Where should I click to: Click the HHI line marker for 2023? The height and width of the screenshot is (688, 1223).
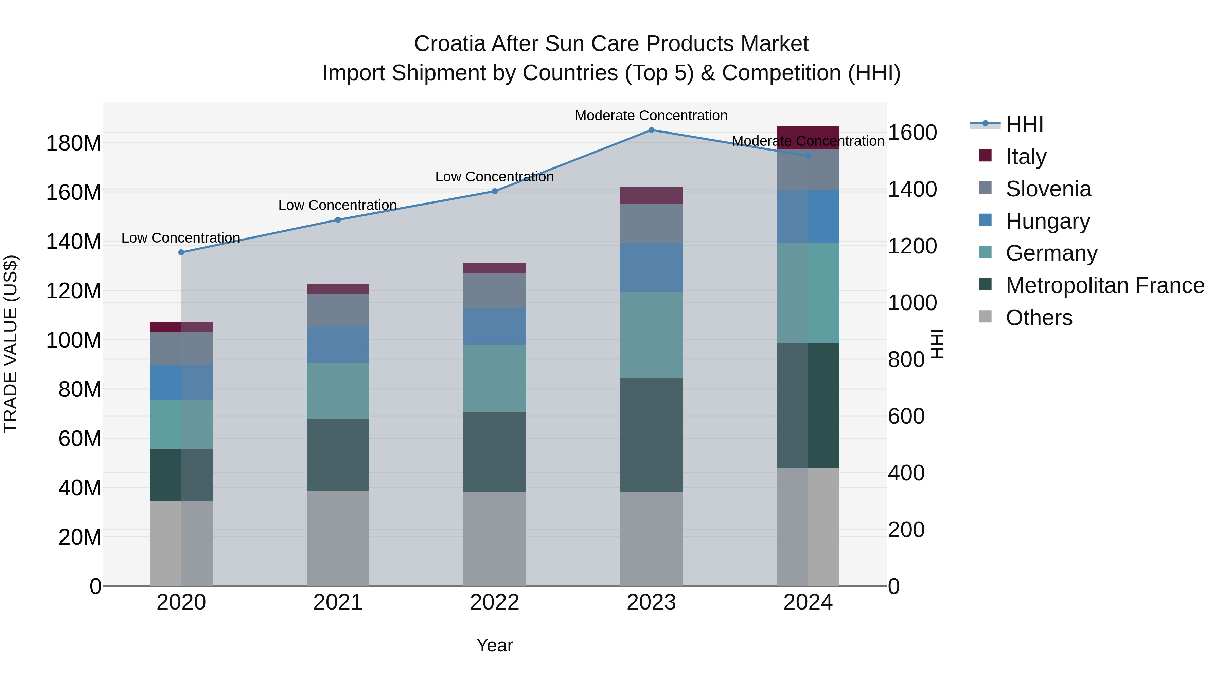click(651, 130)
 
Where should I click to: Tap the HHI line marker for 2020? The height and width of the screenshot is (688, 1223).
click(181, 252)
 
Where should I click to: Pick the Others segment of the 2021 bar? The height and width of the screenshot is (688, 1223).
click(338, 539)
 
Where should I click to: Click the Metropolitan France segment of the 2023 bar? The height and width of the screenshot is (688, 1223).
click(651, 435)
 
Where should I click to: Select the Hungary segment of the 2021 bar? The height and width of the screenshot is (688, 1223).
click(338, 345)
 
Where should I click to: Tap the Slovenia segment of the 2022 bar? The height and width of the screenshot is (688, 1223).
click(495, 290)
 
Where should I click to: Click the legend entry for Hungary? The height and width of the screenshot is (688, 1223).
click(1047, 221)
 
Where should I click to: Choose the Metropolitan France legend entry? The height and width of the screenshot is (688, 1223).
click(1104, 285)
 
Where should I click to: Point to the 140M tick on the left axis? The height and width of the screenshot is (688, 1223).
click(74, 242)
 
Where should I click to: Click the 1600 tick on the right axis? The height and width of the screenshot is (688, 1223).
click(912, 133)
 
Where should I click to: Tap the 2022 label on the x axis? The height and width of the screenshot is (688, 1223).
click(495, 602)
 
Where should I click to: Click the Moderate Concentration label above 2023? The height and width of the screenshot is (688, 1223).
click(651, 116)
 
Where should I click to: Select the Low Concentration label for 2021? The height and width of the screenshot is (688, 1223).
click(338, 205)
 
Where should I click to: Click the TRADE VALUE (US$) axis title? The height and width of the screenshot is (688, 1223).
click(11, 344)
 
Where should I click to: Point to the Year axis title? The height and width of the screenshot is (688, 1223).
click(495, 645)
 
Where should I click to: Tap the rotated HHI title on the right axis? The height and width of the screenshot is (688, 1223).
click(938, 344)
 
